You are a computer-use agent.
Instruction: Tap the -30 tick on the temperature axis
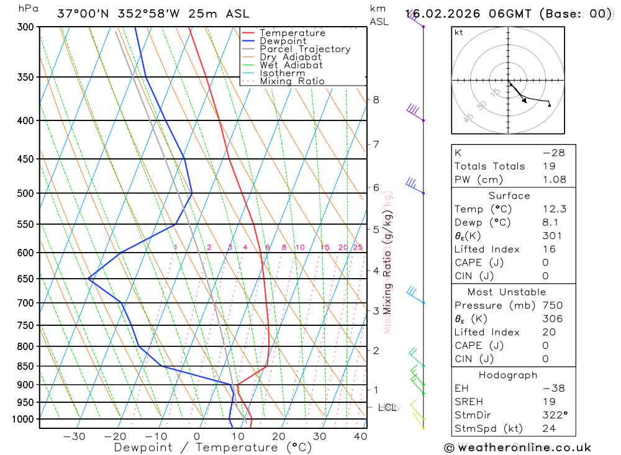click(x=74, y=436)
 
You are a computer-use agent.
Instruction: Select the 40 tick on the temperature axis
click(x=360, y=436)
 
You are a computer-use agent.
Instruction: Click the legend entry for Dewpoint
click(x=283, y=41)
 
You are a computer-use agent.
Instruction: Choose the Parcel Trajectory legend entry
click(x=305, y=49)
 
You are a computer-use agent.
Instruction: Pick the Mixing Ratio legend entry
click(x=292, y=81)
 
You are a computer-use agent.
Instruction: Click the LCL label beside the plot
click(x=387, y=408)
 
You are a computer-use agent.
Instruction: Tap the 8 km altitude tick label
click(x=376, y=99)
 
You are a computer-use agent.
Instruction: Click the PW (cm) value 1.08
click(x=554, y=179)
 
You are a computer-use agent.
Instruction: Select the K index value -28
click(x=553, y=152)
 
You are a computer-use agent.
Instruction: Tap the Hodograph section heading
click(x=509, y=375)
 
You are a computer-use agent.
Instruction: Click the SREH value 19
click(x=548, y=402)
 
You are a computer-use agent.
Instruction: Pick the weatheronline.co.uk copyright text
click(x=517, y=448)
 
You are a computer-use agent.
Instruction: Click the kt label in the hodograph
click(x=459, y=33)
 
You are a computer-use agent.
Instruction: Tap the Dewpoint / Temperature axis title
click(x=213, y=447)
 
